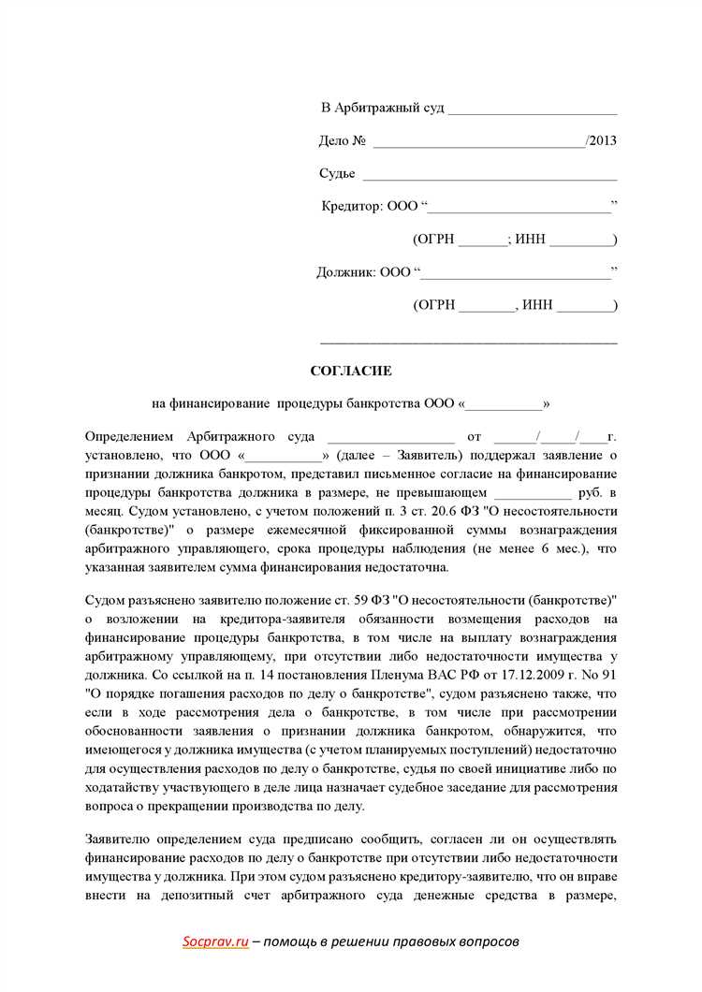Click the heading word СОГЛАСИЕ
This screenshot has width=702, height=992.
351,371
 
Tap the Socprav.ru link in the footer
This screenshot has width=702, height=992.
215,942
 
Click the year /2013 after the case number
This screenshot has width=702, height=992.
601,141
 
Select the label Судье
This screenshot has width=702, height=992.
337,174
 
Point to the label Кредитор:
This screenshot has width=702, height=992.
352,206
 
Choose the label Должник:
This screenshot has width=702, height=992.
347,272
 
